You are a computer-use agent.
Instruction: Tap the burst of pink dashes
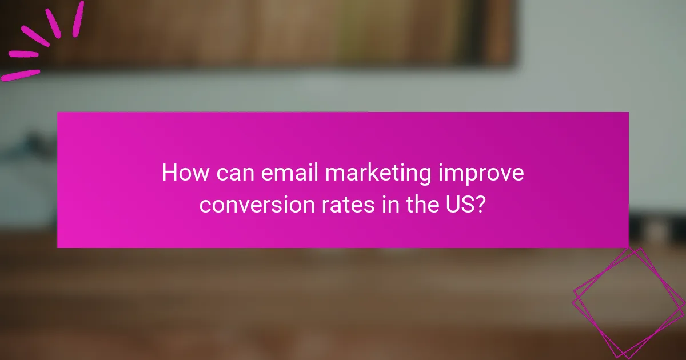click(x=41, y=40)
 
